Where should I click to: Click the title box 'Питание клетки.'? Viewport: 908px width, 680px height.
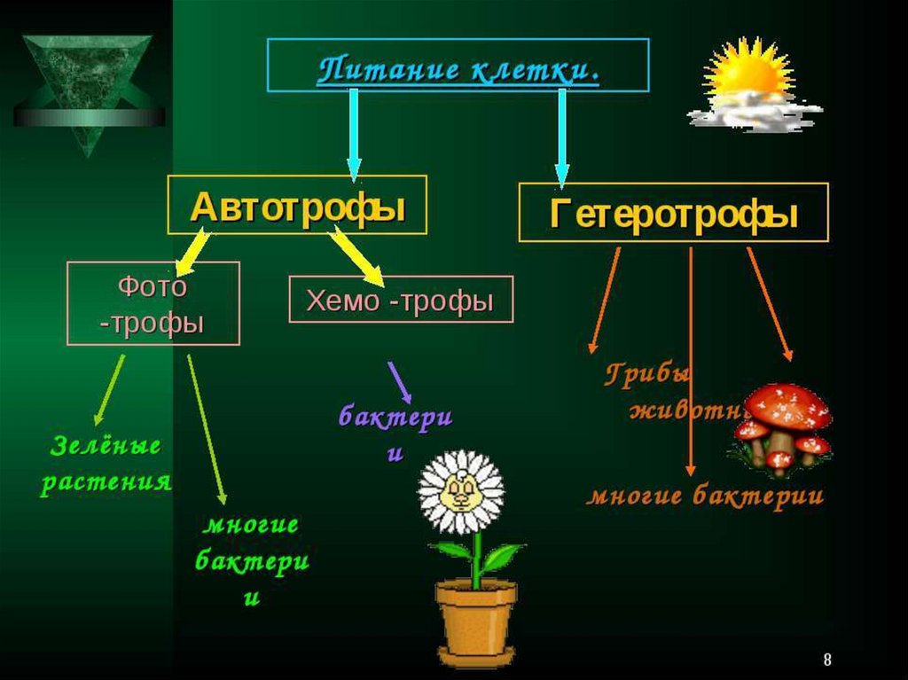(x=458, y=66)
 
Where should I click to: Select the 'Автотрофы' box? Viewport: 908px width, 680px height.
(x=298, y=205)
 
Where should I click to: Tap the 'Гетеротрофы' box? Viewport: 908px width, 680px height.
(x=673, y=213)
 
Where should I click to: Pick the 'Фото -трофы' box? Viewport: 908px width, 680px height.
(x=153, y=303)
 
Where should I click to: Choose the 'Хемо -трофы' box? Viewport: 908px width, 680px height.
(x=401, y=300)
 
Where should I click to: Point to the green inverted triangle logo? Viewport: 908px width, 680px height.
(x=89, y=85)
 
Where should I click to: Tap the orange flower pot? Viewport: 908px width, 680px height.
(x=476, y=620)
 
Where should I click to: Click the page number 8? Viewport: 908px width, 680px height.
(x=827, y=660)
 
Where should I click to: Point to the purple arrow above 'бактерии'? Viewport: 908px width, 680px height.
(x=399, y=381)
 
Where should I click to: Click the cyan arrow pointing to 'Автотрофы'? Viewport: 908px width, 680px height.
(x=354, y=133)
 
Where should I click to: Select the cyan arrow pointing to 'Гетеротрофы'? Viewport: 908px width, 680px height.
(x=561, y=137)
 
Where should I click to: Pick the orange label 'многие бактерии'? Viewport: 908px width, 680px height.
(x=705, y=496)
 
